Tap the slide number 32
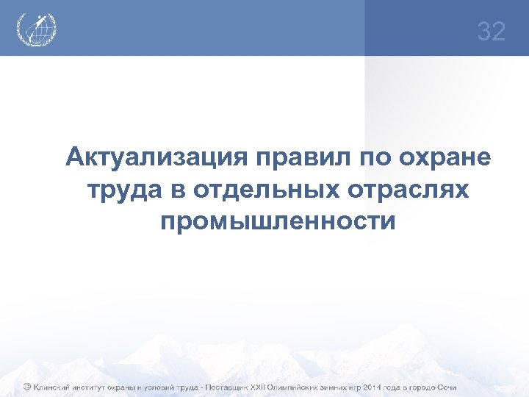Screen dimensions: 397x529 pyautogui.click(x=492, y=32)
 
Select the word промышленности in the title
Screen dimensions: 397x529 pyautogui.click(x=277, y=220)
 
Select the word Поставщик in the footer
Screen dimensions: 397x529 pyautogui.click(x=219, y=387)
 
